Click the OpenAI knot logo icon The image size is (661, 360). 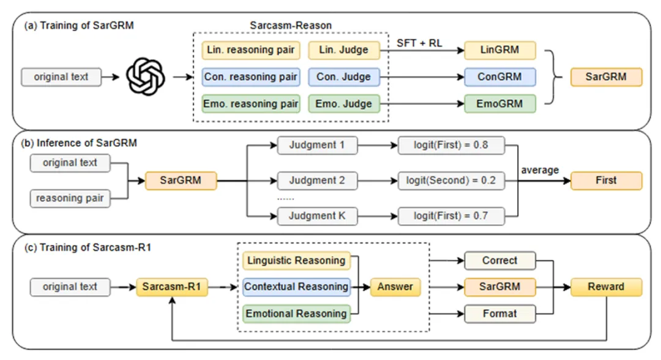[146, 77]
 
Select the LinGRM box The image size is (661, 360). [500, 50]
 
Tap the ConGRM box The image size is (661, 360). [500, 77]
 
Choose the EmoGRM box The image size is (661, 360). [500, 103]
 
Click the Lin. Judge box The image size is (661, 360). [344, 50]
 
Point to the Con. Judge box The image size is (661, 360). [344, 77]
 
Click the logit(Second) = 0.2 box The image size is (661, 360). [451, 181]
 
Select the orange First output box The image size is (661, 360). [606, 181]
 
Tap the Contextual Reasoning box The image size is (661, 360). [296, 287]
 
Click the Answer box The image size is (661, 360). [395, 287]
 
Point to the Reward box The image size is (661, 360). [606, 287]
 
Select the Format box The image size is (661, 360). [499, 313]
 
